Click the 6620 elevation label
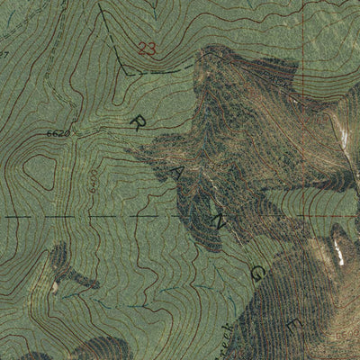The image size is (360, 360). tap(58, 133)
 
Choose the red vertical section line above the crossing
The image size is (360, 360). tap(305, 108)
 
